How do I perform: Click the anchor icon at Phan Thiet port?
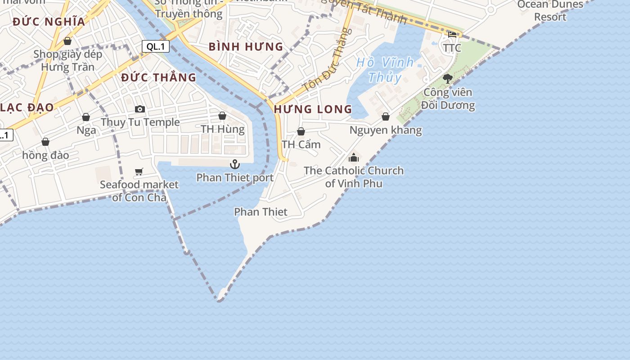(x=234, y=164)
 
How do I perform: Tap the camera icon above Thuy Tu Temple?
(x=140, y=109)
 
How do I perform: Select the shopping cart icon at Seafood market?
(x=139, y=171)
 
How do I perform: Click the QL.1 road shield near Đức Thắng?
(x=155, y=46)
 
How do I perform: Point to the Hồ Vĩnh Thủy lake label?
(x=385, y=70)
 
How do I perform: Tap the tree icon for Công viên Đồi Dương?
(x=447, y=79)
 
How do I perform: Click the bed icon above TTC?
(x=452, y=34)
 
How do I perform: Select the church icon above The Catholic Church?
(x=354, y=157)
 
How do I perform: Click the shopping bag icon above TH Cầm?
(x=301, y=131)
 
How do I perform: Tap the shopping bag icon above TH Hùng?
(x=222, y=116)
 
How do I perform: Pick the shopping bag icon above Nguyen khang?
(x=386, y=117)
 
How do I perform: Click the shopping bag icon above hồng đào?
(x=45, y=142)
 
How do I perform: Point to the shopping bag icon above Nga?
(x=86, y=117)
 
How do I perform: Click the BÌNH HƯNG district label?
(x=246, y=47)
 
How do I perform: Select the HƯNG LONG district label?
(x=313, y=109)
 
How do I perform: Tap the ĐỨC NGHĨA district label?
(x=49, y=22)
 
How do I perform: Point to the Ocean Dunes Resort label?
(x=550, y=11)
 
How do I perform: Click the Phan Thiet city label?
(x=261, y=211)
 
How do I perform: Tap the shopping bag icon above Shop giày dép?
(x=67, y=41)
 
